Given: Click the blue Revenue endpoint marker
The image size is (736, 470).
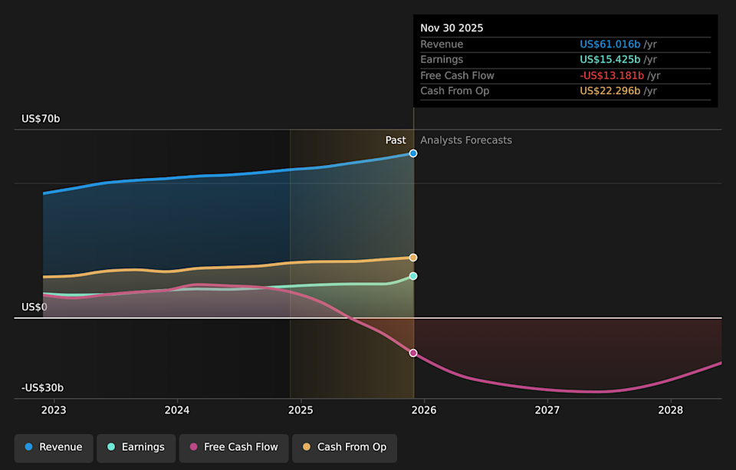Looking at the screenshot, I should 413,153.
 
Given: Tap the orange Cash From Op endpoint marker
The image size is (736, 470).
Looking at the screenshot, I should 413,258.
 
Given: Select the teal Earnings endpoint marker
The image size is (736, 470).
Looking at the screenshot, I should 413,276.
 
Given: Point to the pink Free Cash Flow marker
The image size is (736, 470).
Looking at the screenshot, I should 413,353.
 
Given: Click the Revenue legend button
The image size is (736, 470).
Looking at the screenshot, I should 54,447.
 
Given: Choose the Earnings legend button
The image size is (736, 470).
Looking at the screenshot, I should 135,447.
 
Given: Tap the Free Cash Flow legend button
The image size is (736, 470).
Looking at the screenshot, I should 234,447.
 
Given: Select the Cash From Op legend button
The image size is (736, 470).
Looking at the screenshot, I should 344,447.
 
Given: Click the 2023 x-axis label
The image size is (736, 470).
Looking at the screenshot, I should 54,410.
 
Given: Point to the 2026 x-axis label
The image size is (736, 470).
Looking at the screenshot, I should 424,410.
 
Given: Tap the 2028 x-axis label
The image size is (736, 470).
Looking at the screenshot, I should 671,410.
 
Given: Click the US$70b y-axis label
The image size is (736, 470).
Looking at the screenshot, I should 41,119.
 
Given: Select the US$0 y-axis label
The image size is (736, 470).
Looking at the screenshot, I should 34,307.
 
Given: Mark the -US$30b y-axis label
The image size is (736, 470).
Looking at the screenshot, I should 42,388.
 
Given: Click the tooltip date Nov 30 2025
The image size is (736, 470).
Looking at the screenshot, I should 452,28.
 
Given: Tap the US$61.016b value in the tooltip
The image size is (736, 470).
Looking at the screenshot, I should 609,44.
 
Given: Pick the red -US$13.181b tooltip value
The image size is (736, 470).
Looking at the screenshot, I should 612,75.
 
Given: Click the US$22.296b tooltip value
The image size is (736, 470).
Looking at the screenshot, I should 609,91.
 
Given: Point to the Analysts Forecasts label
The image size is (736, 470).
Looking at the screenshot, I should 466,140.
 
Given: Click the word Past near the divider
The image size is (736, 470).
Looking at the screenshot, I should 396,140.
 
